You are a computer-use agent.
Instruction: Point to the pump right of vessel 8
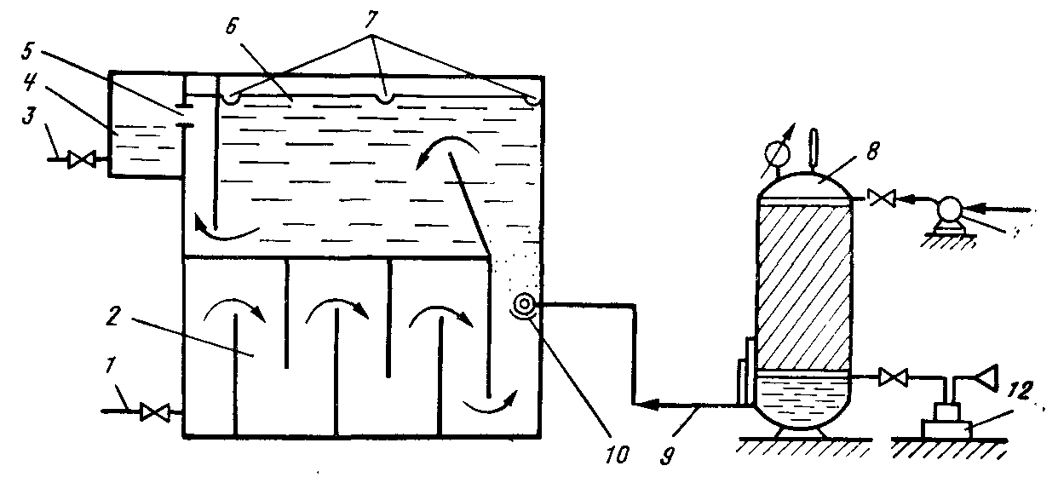(947, 210)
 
